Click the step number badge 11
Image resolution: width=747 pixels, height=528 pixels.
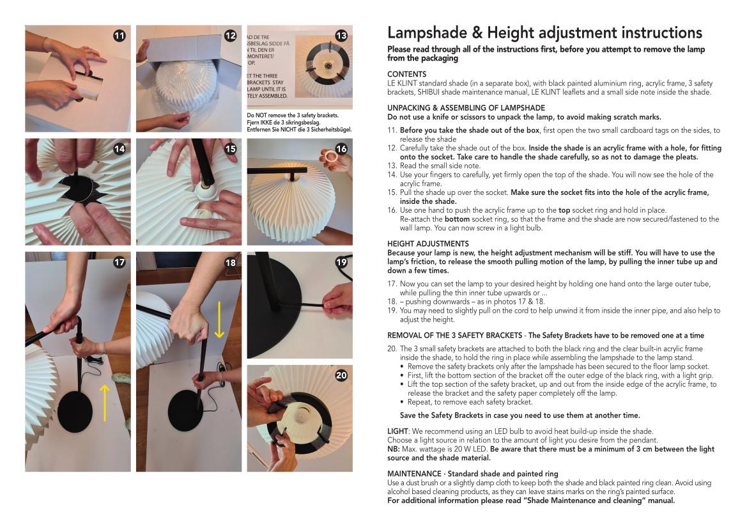point(119,36)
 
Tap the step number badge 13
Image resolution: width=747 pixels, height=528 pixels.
point(341,36)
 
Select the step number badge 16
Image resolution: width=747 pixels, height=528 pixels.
point(341,149)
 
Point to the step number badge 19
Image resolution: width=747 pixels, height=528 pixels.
point(341,262)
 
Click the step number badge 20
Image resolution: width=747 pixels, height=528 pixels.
point(341,375)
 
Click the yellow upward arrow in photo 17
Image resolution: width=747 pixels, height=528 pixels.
point(105,403)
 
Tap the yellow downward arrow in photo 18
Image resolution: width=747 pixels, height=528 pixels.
point(219,319)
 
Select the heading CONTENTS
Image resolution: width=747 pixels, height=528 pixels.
point(406,74)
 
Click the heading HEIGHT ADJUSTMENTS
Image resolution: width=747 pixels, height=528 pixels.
point(427,244)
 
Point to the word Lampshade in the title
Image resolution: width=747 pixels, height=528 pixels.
point(427,33)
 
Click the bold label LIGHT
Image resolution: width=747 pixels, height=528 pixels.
point(397,431)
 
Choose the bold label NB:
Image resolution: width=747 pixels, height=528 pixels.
point(394,449)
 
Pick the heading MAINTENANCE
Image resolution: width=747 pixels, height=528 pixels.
point(414,474)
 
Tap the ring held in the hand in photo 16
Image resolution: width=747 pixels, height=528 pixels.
point(328,156)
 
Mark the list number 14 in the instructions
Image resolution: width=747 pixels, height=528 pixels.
point(392,175)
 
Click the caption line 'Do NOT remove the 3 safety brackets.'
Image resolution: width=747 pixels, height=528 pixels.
point(293,115)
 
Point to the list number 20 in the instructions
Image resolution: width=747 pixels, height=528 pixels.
point(392,349)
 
